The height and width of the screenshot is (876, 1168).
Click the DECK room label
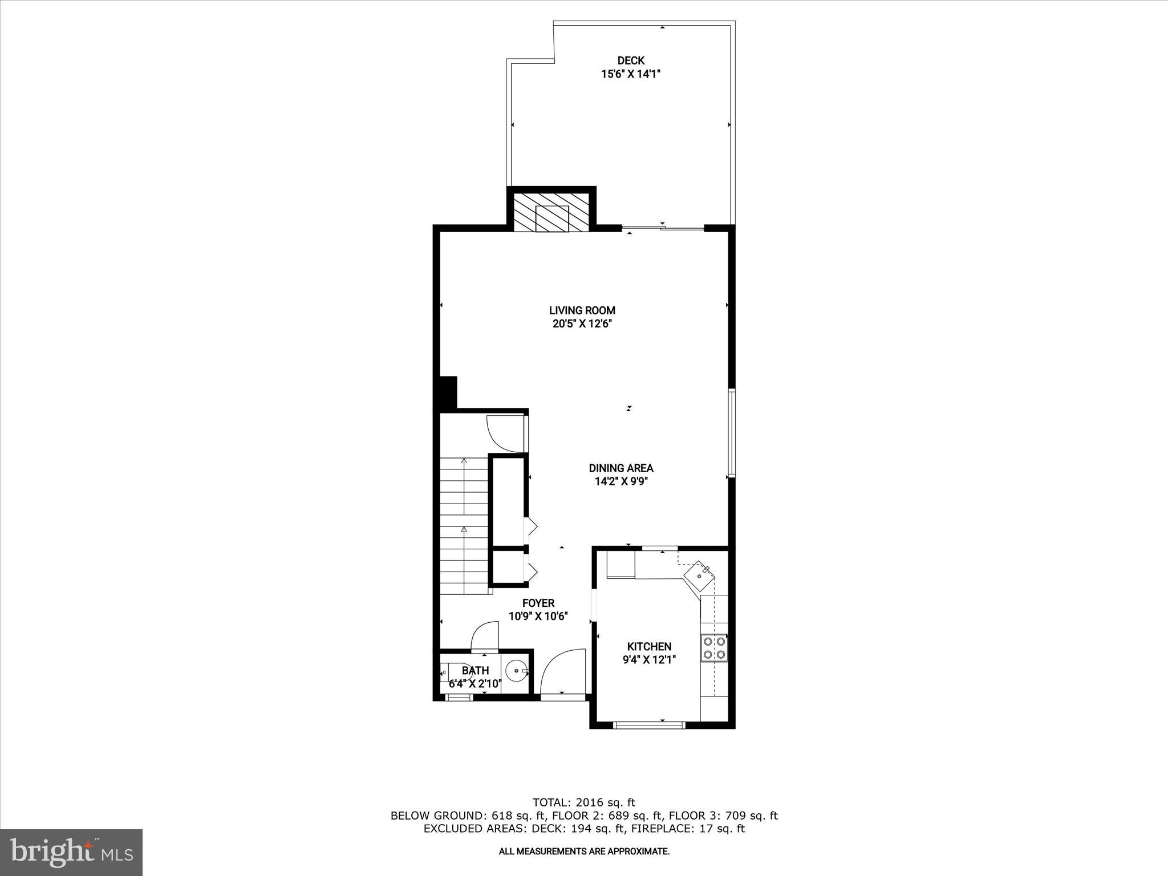(631, 60)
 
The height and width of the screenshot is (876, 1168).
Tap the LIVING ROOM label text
(582, 311)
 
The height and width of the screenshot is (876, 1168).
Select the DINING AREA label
(621, 468)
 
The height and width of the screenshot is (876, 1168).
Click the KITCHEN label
(649, 647)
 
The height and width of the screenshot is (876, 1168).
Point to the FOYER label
(538, 603)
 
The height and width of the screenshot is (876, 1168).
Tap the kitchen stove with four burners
(715, 647)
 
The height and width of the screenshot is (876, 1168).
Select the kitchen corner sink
(700, 575)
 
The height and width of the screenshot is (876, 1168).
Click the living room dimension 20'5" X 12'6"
(582, 324)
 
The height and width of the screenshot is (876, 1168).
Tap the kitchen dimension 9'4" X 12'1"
(649, 660)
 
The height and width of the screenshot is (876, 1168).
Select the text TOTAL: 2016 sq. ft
(583, 803)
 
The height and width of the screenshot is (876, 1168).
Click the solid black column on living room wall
(448, 392)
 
